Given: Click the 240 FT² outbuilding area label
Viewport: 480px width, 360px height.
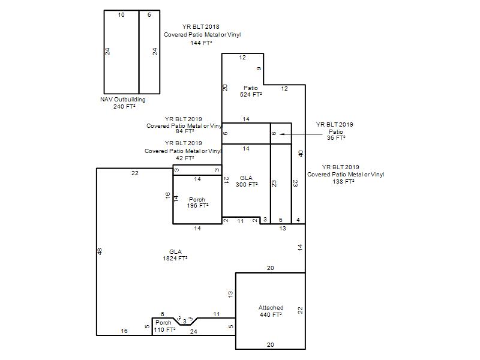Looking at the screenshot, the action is coord(124,107).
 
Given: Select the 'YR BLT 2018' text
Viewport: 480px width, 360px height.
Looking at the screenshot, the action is coord(201,27).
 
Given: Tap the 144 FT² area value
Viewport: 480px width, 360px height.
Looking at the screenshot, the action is coord(201,43).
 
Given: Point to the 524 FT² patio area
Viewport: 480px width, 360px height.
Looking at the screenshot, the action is coord(251,95).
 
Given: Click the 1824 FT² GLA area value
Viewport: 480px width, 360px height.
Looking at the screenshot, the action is coord(175,259).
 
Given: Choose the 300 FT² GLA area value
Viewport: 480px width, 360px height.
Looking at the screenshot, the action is coord(247,185).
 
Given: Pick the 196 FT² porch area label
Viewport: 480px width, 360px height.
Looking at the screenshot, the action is coord(198,206).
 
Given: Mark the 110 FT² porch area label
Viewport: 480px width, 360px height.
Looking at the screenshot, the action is coord(164,329).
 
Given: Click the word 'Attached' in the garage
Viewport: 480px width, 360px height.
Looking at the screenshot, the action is coord(271,308).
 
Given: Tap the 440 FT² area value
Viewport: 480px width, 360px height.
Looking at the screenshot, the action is coord(271,314).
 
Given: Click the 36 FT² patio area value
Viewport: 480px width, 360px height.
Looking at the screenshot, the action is coord(336,138).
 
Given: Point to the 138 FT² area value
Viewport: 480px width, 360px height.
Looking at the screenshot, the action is coord(343,182).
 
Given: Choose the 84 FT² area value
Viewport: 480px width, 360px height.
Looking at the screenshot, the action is coord(185,131).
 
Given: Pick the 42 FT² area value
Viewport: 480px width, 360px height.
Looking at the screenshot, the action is coord(185,158).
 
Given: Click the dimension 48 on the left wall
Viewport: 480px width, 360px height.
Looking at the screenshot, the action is coord(100,251).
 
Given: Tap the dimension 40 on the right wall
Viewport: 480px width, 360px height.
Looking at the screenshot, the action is coord(301,154).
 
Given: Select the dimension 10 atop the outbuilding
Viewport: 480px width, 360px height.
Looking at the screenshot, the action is coord(121,14).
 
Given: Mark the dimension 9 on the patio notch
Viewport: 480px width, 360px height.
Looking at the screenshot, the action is coord(259,69).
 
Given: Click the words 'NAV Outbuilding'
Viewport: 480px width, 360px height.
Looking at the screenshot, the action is coord(123,100).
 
